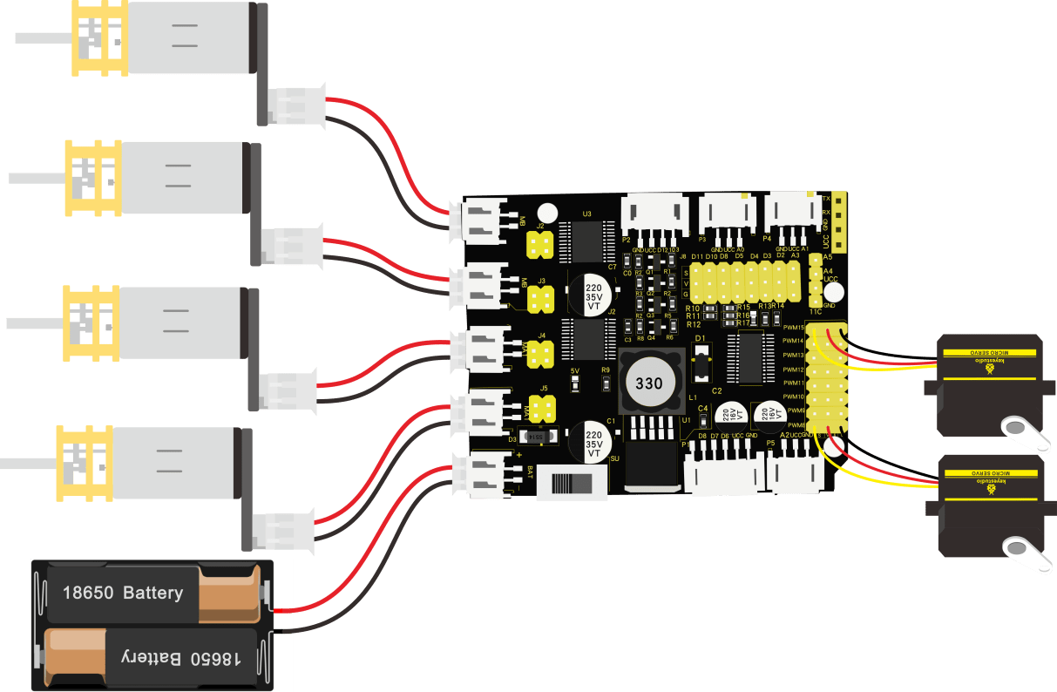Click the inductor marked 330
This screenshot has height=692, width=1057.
[648, 383]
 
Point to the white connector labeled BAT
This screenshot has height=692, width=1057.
[480, 475]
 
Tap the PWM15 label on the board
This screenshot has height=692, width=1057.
[793, 328]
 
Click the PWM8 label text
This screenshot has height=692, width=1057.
[795, 424]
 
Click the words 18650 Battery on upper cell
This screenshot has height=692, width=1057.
[123, 594]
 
